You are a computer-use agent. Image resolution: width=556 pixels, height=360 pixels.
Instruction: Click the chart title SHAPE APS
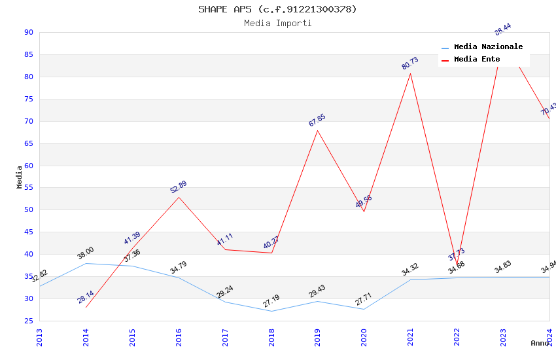click(x=277, y=9)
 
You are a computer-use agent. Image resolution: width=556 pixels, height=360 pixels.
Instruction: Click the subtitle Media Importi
click(x=277, y=23)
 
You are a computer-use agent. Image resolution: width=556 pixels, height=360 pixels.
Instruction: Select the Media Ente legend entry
click(x=477, y=59)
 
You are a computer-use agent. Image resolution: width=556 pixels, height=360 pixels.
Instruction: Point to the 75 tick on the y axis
click(x=28, y=99)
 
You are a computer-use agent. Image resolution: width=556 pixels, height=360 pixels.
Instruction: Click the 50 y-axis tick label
click(x=28, y=210)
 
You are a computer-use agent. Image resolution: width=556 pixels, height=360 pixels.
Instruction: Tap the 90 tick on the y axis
click(x=28, y=32)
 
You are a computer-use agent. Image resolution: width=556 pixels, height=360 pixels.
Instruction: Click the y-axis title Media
click(x=20, y=177)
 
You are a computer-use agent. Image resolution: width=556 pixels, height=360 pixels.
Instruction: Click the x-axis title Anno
click(x=540, y=343)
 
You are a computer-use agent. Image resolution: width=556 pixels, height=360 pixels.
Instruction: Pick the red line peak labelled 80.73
click(x=410, y=73)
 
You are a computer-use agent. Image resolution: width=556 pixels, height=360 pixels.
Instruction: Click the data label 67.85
click(x=317, y=120)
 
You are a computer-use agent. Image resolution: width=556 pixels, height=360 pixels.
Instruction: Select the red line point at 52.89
click(x=179, y=197)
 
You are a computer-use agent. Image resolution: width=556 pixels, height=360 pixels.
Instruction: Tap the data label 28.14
click(x=86, y=297)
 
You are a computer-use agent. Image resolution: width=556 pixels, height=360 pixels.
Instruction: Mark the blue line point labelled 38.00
click(x=86, y=263)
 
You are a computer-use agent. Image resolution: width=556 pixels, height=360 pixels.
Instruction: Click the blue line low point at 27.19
click(x=271, y=311)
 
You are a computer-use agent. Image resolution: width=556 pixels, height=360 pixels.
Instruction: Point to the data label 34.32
click(x=410, y=270)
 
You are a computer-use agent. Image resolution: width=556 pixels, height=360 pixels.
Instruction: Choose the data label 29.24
click(x=225, y=292)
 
